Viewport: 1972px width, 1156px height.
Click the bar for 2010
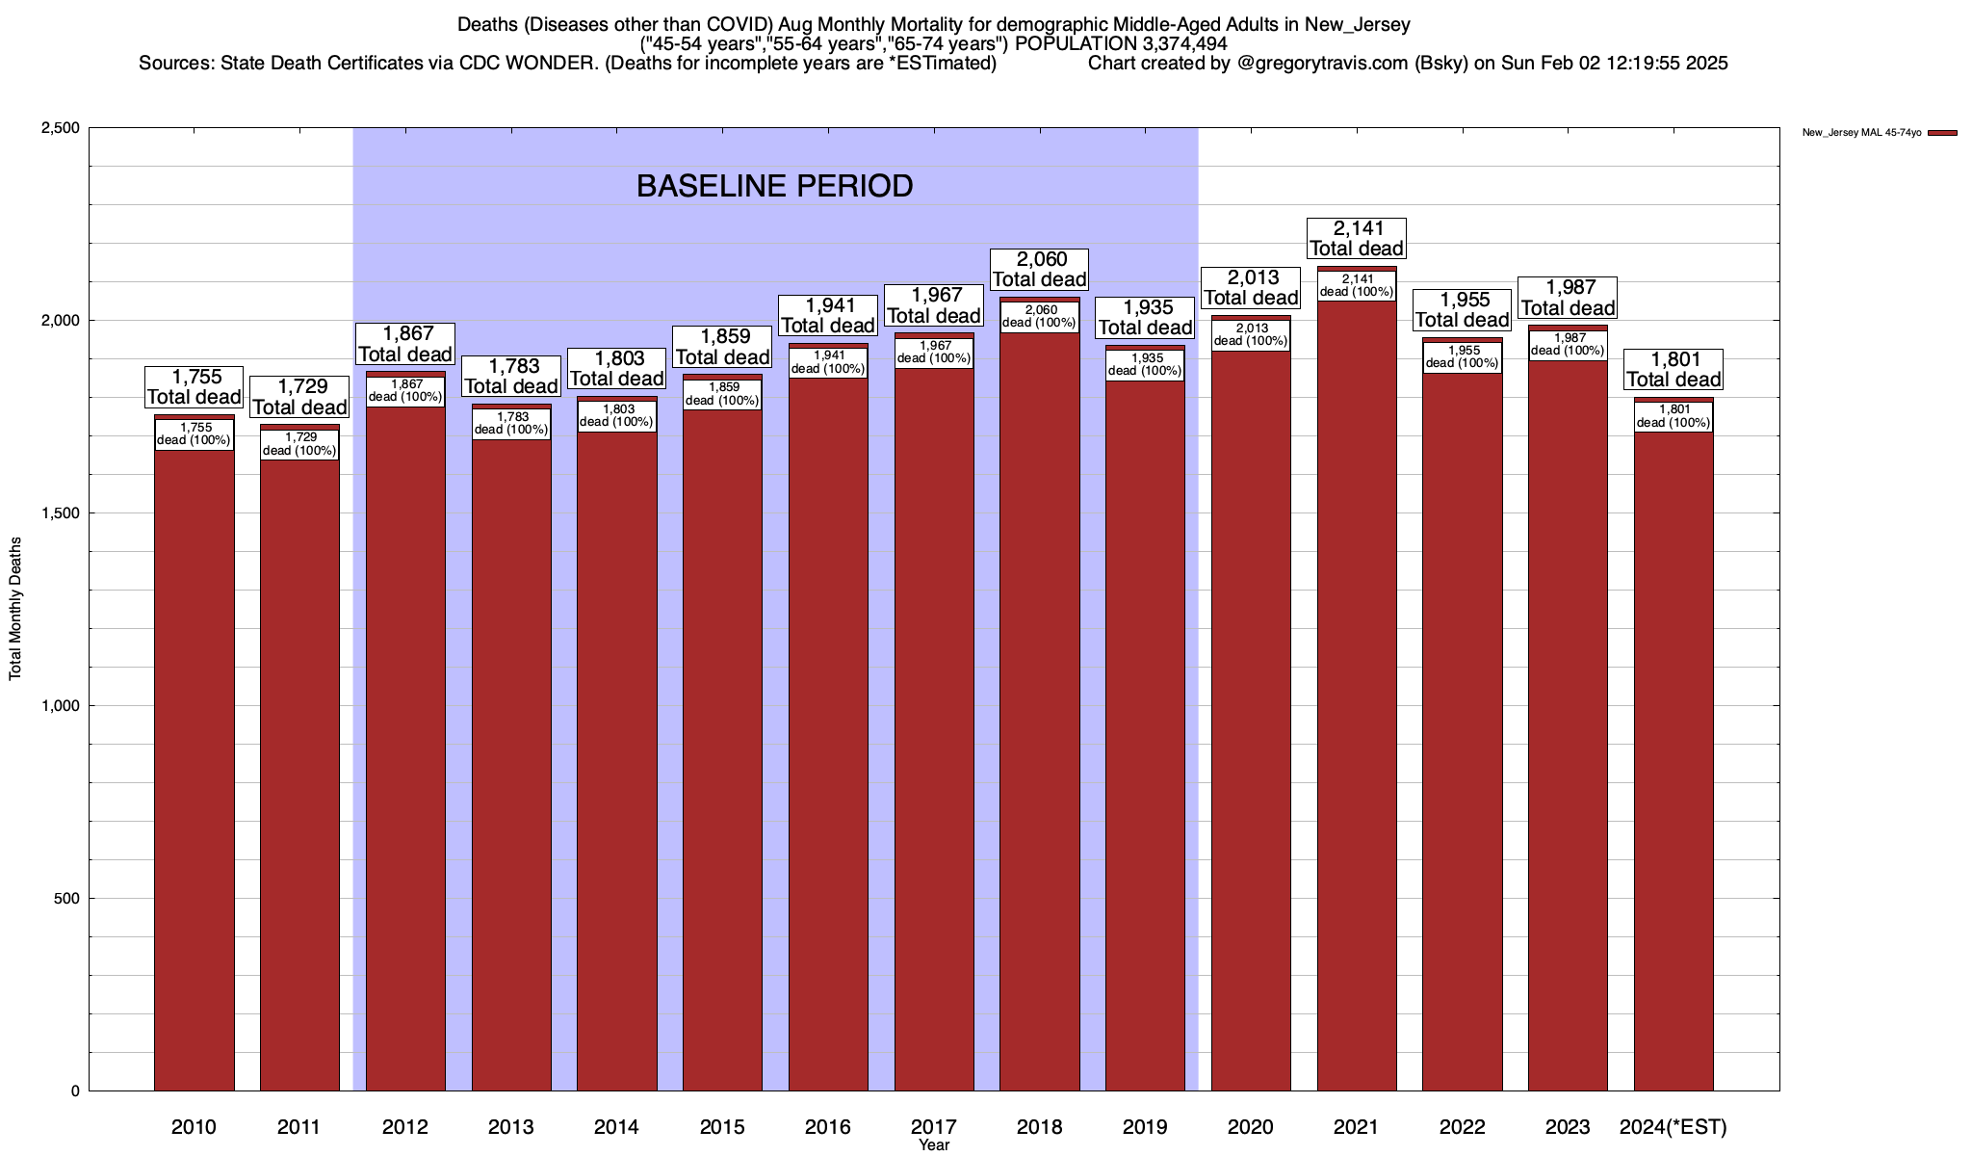click(194, 771)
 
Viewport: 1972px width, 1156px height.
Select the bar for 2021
click(1357, 694)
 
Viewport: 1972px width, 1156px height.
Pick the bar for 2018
click(1039, 713)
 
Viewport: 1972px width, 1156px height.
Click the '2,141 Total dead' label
click(1357, 238)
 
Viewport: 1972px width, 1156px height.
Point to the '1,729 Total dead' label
click(299, 397)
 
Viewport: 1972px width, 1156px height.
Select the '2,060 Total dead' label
click(1039, 269)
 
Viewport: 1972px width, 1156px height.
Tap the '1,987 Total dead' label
click(1568, 298)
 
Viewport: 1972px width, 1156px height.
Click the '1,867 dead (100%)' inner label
click(405, 390)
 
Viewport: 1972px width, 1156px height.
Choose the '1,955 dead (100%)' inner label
click(1463, 356)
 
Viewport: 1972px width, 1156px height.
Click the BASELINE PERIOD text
click(774, 186)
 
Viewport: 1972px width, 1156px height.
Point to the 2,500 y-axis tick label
click(59, 128)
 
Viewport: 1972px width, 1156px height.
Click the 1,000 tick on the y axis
click(59, 706)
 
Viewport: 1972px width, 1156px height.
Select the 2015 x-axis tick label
click(722, 1126)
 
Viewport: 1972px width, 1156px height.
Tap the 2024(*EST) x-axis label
click(1674, 1126)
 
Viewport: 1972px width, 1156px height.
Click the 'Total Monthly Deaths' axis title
click(15, 609)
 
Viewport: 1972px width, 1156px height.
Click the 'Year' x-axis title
click(933, 1145)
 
